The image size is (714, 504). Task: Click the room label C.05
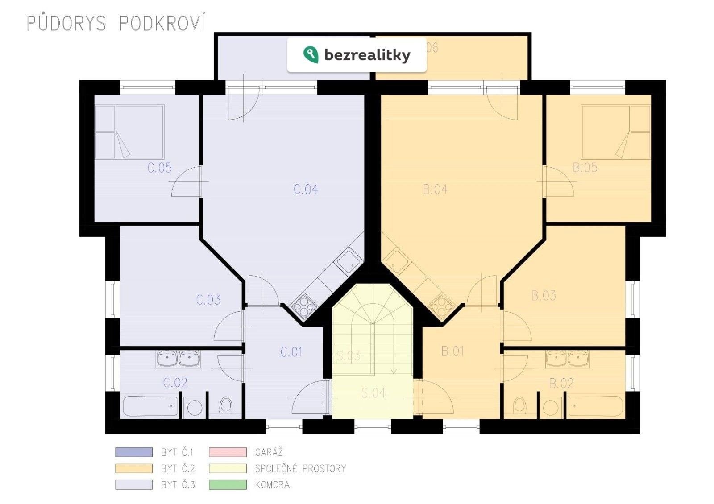(159, 168)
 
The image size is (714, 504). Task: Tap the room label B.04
(435, 190)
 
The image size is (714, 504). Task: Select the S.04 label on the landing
(373, 393)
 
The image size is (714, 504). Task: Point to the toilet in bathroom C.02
(226, 406)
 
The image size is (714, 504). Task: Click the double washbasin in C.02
(178, 358)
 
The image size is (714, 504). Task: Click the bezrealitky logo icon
(311, 54)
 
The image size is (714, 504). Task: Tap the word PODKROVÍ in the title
(162, 23)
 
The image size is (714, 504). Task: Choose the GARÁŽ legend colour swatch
(228, 452)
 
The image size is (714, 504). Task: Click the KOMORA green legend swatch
(228, 485)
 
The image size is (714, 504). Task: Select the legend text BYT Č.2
(178, 469)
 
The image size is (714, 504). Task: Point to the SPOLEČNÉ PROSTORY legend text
(300, 469)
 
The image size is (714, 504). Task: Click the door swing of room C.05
(187, 182)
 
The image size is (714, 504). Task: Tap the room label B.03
(543, 296)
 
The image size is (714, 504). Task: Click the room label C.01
(291, 352)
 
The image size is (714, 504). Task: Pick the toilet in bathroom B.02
(519, 405)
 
